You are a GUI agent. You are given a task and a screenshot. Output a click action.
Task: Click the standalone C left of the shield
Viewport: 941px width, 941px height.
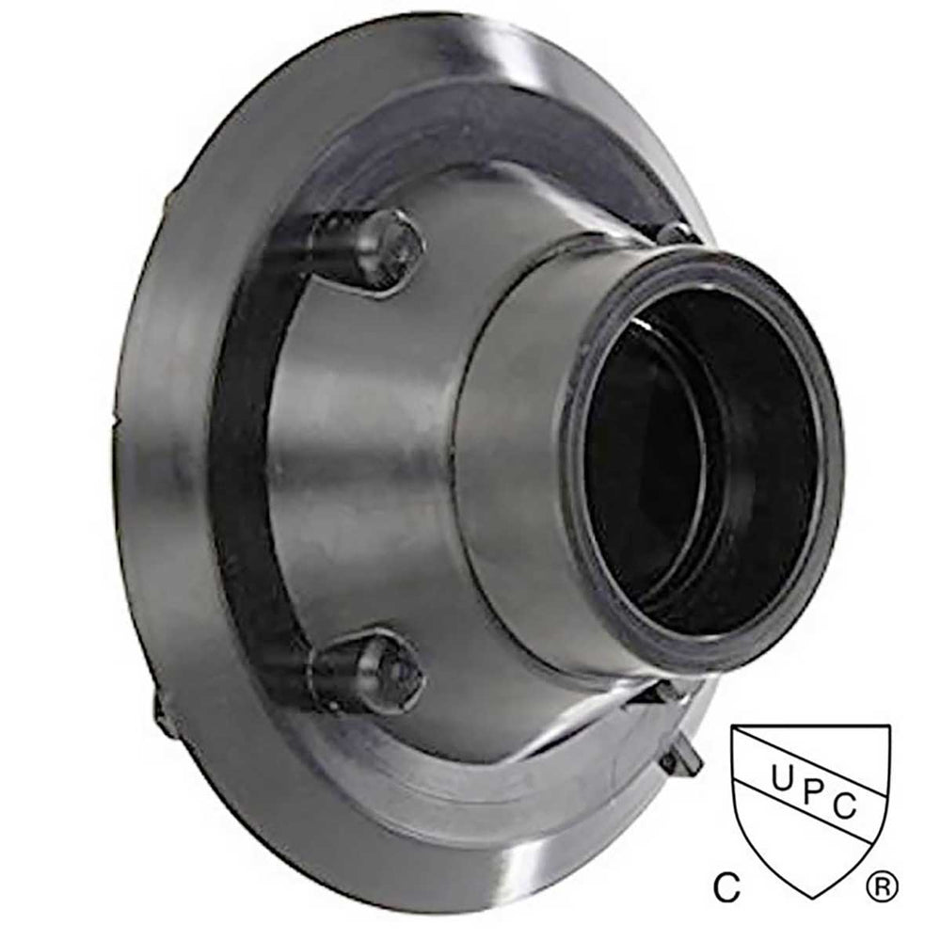point(725,885)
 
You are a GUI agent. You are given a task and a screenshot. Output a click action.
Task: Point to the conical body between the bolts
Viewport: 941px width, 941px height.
point(376,452)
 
